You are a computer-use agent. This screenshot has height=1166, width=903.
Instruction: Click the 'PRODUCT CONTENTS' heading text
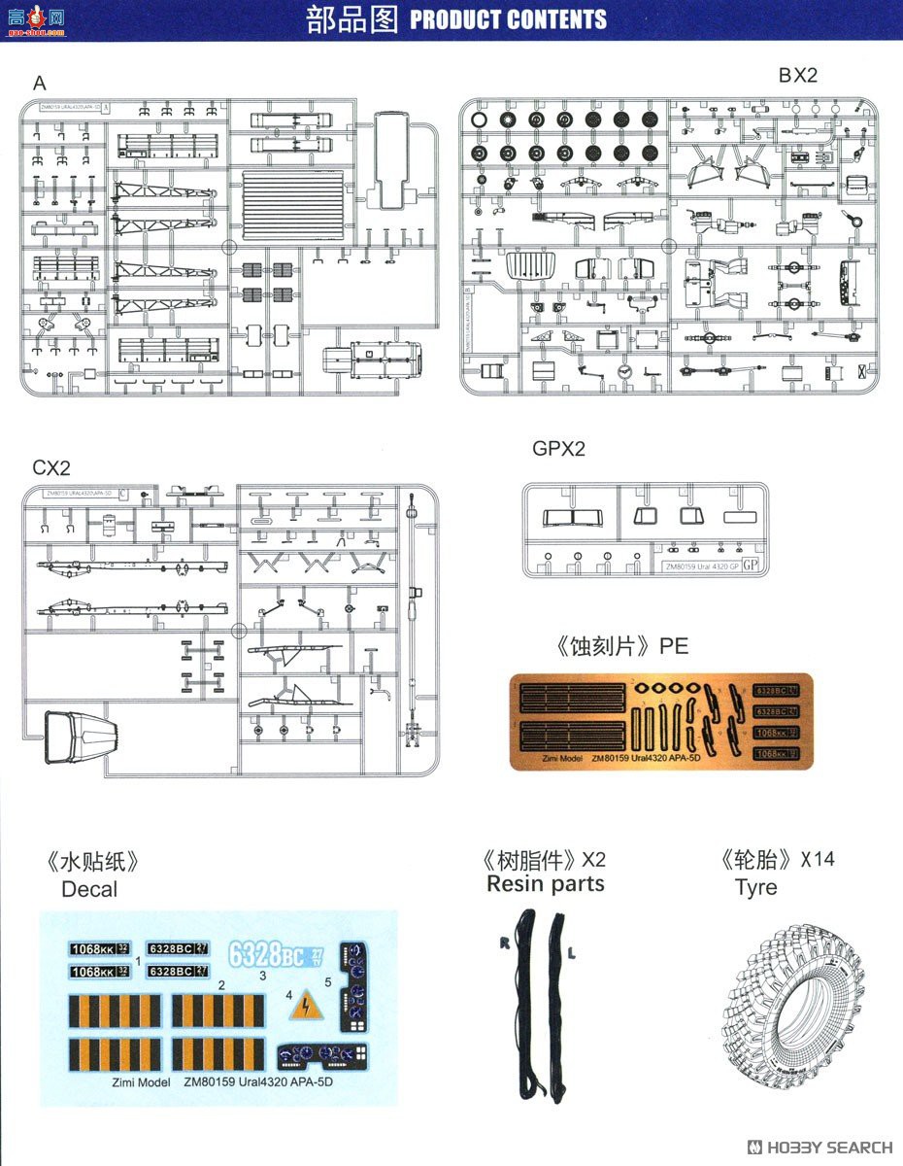click(508, 19)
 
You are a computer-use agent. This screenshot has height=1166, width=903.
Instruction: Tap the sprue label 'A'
click(40, 84)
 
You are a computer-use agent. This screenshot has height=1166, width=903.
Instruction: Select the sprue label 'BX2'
click(797, 76)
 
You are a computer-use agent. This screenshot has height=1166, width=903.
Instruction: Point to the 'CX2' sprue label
click(51, 467)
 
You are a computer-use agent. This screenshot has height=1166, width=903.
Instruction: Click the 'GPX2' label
click(558, 449)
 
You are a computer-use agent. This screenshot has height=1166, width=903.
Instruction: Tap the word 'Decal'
click(88, 889)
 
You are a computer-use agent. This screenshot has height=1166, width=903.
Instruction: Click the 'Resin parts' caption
click(545, 884)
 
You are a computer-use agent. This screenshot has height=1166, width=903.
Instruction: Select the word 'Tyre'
click(755, 887)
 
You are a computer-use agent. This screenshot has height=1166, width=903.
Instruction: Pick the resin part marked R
click(526, 1001)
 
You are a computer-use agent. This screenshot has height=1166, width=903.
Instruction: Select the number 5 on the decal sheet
click(328, 982)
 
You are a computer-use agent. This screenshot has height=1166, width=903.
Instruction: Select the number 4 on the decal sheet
click(289, 996)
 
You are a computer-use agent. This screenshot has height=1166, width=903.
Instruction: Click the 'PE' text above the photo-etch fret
click(673, 646)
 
